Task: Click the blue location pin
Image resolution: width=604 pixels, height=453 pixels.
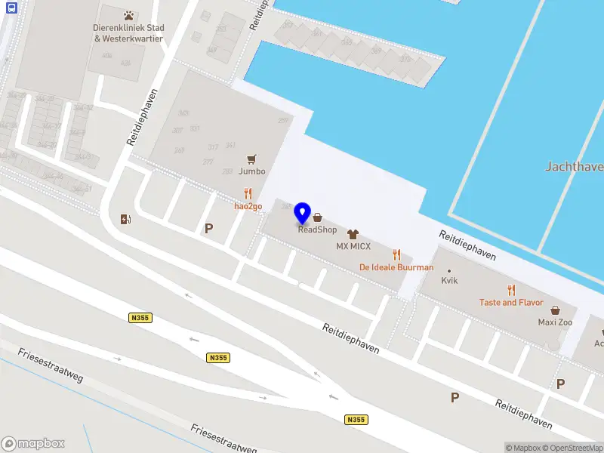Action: tap(303, 213)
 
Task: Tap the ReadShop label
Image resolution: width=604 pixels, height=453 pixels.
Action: tap(317, 230)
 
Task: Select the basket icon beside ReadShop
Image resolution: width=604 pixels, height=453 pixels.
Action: tap(317, 217)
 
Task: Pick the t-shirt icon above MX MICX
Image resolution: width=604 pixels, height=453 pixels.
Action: tap(352, 235)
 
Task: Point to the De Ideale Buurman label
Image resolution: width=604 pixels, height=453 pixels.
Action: tap(396, 267)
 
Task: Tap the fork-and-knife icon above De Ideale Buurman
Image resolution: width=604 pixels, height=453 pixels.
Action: tap(396, 255)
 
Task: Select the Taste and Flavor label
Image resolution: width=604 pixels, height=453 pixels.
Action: tap(511, 302)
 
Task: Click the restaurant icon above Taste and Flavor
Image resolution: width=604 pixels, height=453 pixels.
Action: tap(511, 290)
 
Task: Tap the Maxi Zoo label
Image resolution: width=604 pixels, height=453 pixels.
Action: tap(555, 322)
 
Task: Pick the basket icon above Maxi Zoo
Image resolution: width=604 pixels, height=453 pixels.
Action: tap(555, 310)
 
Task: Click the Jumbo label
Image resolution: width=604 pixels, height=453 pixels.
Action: tap(252, 171)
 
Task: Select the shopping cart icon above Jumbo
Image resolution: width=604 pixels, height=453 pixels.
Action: tap(252, 159)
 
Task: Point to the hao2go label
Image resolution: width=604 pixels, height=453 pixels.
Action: tap(248, 205)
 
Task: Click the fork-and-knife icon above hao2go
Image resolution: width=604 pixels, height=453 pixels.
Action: tap(248, 193)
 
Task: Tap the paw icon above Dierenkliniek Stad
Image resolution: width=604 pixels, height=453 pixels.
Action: tap(128, 15)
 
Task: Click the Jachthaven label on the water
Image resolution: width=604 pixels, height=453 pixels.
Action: tap(574, 166)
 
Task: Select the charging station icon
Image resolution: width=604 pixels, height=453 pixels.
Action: tap(125, 220)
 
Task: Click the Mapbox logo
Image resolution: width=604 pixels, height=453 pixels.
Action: tap(33, 444)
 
